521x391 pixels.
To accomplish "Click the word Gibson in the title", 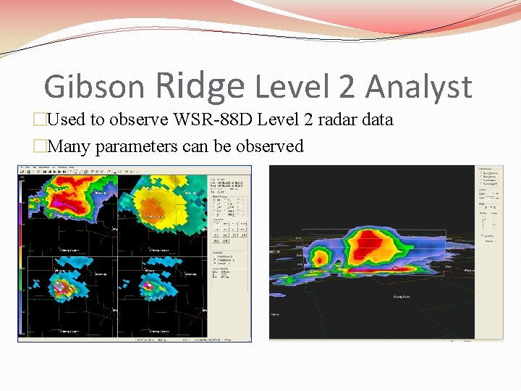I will [94, 88].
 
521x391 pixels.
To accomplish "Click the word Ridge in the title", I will [200, 85].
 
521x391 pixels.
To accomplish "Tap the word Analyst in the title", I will [418, 88].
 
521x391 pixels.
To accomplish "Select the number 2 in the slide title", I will [346, 88].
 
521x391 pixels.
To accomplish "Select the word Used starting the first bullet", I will [67, 119].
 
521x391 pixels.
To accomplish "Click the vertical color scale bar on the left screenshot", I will [22, 253].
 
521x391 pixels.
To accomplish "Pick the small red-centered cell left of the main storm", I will [320, 258].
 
